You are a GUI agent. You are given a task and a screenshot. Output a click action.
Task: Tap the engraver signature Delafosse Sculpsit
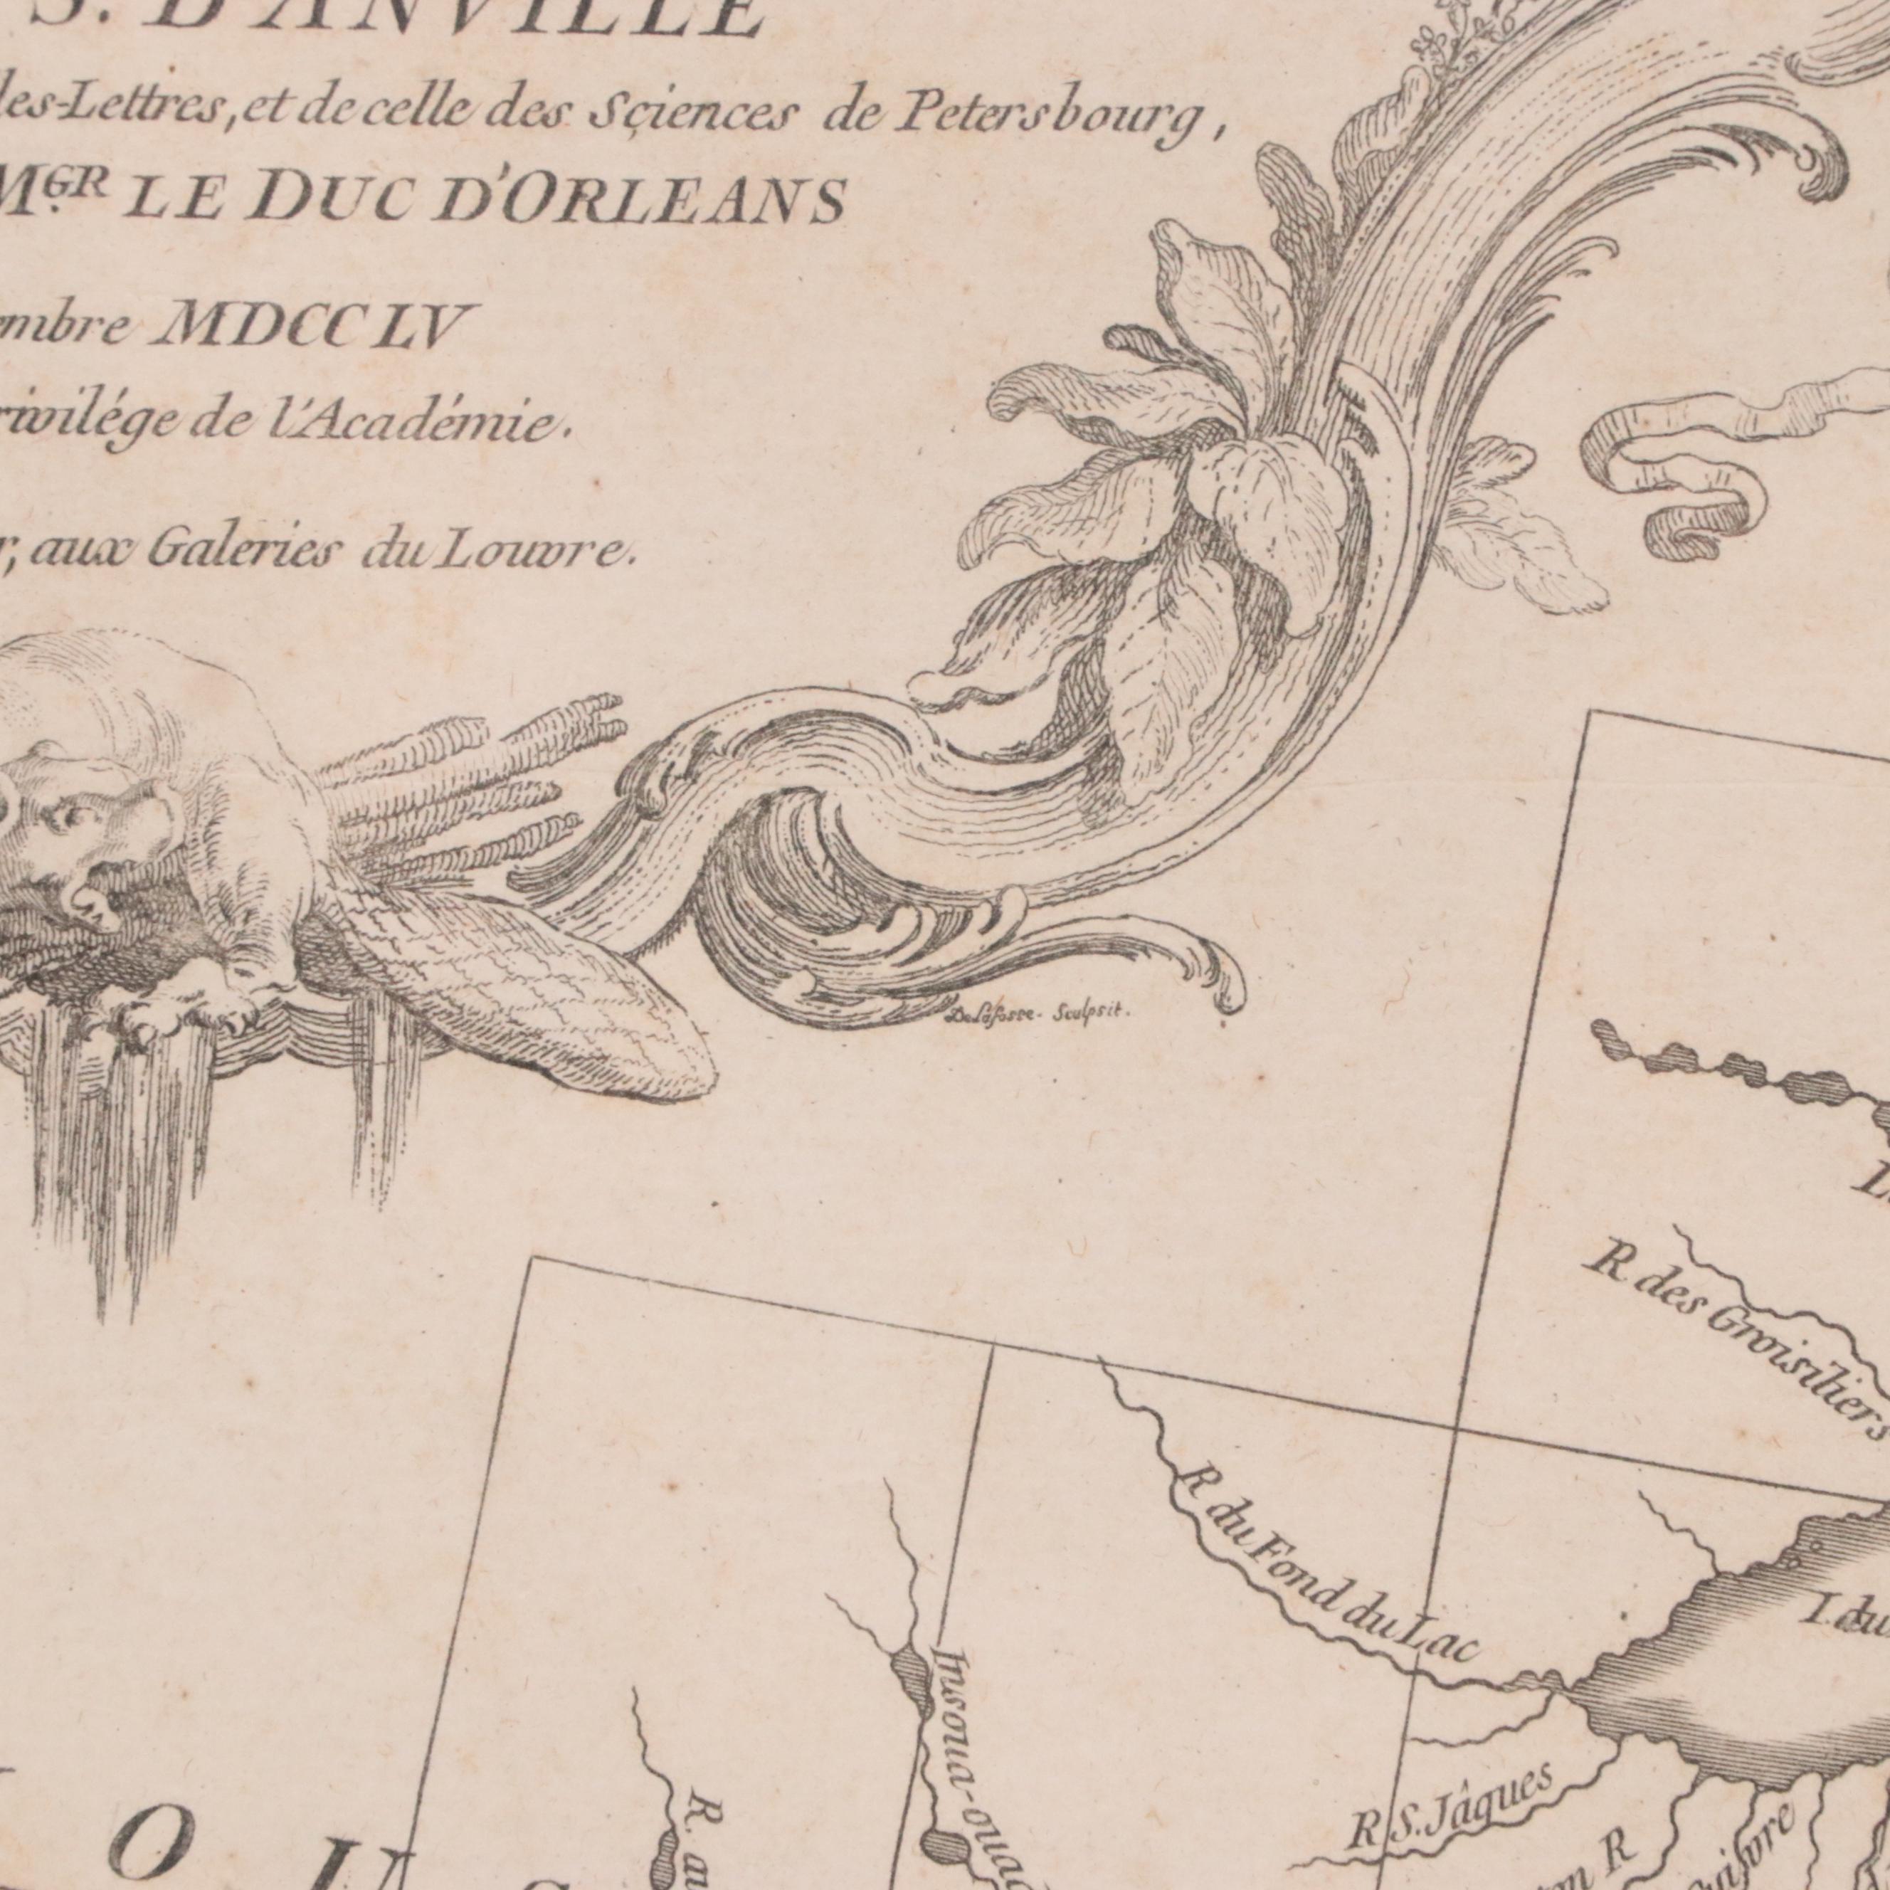(1036, 1013)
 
